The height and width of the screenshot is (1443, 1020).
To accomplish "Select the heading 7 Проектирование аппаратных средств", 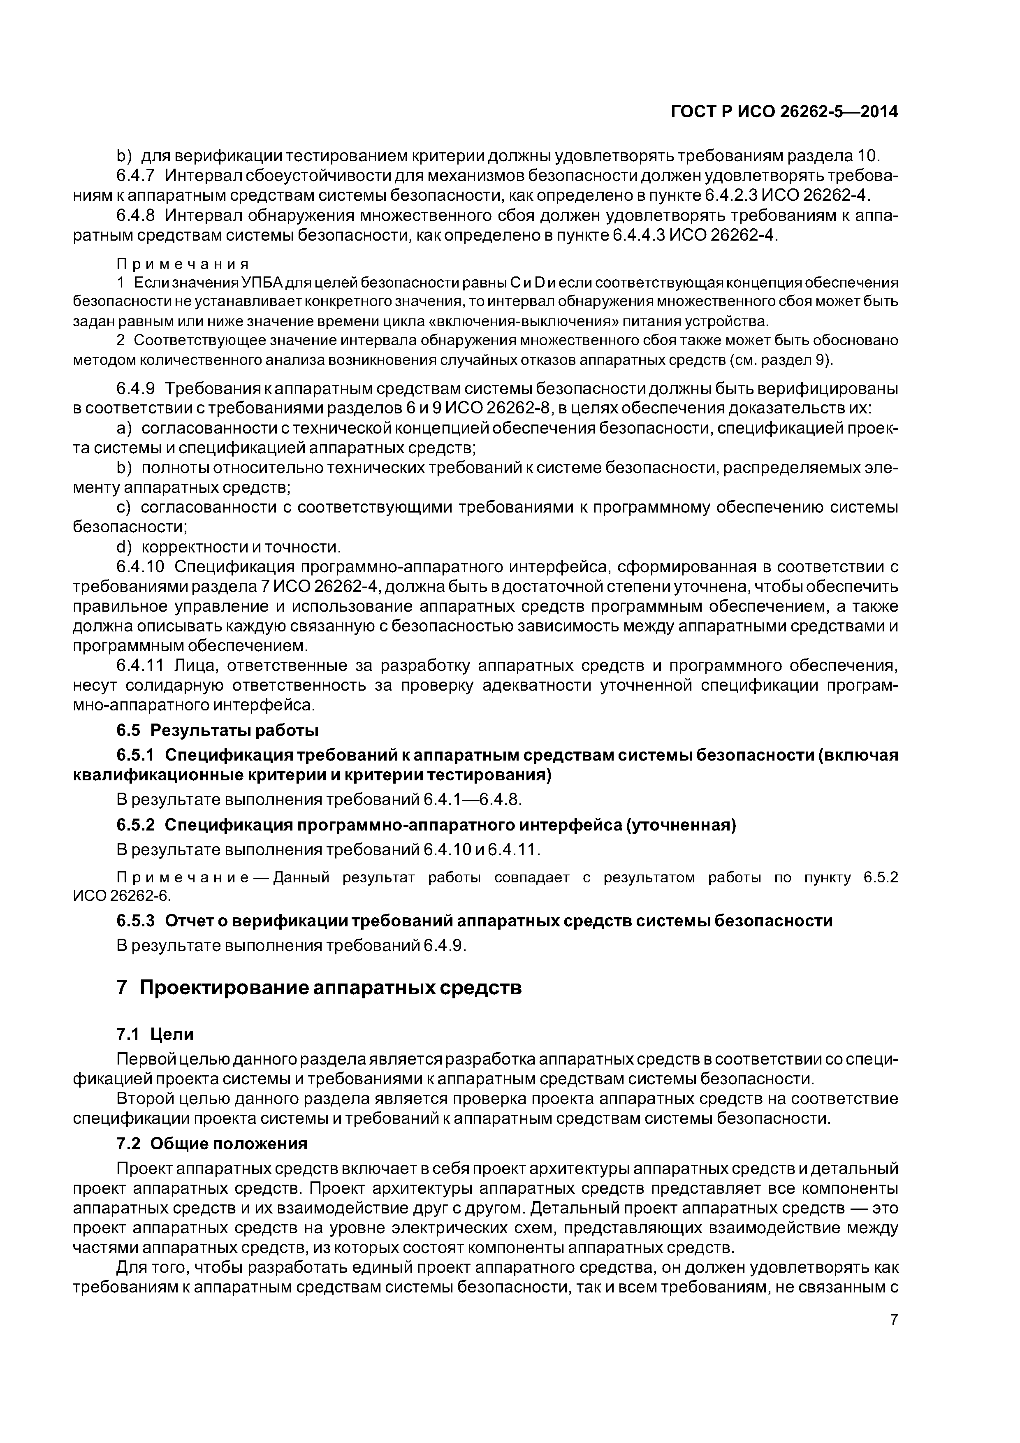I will tap(319, 988).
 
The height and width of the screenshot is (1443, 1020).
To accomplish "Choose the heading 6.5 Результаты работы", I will tap(218, 730).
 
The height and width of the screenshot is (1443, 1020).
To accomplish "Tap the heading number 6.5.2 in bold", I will tap(135, 825).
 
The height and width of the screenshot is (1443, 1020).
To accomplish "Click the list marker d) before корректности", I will tap(125, 548).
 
